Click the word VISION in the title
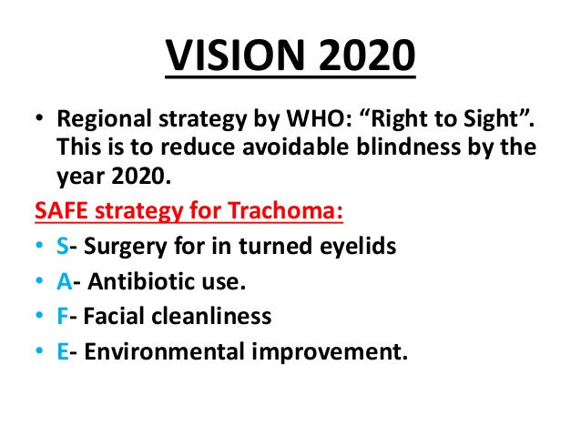point(235,56)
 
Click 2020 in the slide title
point(366,56)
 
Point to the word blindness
point(409,147)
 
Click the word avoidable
point(295,147)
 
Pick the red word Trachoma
point(285,210)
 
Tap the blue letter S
point(63,246)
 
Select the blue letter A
point(65,281)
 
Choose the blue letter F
point(62,316)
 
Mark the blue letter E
point(63,351)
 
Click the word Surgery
point(126,247)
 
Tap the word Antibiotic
point(141,281)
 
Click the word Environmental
point(164,351)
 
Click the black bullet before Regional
point(39,118)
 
